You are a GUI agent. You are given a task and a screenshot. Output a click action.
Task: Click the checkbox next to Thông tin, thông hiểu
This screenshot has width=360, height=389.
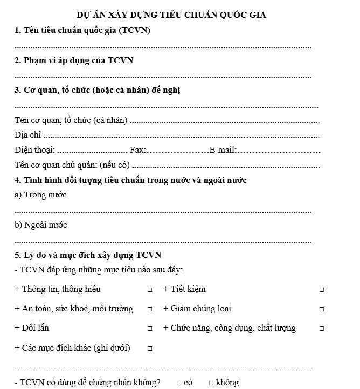coord(150,290)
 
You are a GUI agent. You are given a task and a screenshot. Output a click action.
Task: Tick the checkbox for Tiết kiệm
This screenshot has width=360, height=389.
coord(322,290)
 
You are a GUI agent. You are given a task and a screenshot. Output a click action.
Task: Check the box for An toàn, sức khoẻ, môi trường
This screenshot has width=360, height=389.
coord(150,309)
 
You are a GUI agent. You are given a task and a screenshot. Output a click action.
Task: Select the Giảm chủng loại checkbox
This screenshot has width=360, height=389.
coord(322,309)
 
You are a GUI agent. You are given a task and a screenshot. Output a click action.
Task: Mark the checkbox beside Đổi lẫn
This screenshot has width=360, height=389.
coord(150,329)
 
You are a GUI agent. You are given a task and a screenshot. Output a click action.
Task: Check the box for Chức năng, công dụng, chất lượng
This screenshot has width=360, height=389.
coord(322,329)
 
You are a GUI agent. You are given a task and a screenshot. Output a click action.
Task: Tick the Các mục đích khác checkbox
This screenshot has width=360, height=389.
coord(150,348)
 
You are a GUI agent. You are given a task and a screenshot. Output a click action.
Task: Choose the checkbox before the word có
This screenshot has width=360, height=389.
coord(178,383)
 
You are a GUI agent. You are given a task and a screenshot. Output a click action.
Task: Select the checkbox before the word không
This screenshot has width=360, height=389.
coord(211,383)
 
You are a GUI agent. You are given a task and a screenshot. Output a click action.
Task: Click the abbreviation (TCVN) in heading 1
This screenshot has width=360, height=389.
coord(133,31)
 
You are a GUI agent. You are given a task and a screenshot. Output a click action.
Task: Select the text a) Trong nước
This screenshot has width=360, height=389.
coord(40,195)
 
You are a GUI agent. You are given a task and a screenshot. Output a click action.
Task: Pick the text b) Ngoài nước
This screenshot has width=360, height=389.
coord(41,224)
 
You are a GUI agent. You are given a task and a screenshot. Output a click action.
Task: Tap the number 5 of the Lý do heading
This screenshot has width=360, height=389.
coord(17,255)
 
